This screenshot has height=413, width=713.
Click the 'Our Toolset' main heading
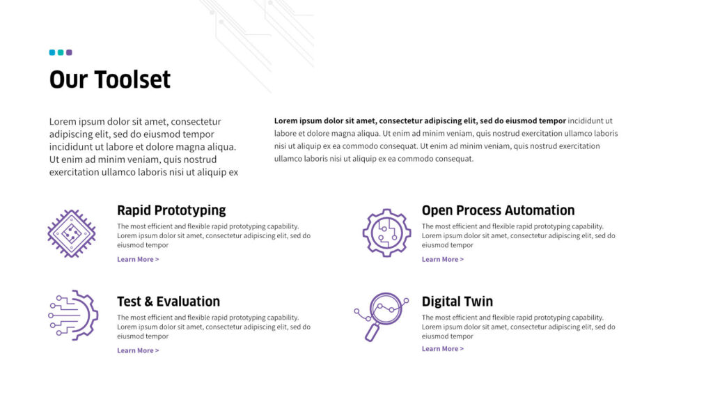[x=109, y=79]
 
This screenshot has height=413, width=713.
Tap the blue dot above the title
[x=52, y=52]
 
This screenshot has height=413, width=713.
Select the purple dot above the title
[x=69, y=52]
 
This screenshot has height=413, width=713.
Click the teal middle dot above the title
[x=61, y=52]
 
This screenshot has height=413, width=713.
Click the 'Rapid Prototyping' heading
[x=171, y=210]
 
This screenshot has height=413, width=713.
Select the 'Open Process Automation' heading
[x=498, y=210]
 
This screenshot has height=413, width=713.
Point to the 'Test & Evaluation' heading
[x=169, y=302]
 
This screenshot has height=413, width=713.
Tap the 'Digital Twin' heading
[x=457, y=302]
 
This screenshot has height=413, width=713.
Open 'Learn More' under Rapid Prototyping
[x=138, y=259]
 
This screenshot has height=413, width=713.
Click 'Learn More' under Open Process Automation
[x=442, y=259]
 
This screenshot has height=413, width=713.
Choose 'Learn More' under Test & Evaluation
[x=138, y=351]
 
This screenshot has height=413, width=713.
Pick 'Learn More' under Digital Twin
[x=442, y=349]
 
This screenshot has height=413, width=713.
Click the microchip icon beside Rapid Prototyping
[x=72, y=234]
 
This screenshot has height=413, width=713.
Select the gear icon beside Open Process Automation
[x=387, y=233]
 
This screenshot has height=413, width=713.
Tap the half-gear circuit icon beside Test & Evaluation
[x=73, y=315]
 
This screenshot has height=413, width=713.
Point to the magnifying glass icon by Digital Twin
[x=381, y=317]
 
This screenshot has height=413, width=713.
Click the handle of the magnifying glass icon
[x=372, y=332]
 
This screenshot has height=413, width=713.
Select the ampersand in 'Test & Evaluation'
[x=149, y=302]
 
